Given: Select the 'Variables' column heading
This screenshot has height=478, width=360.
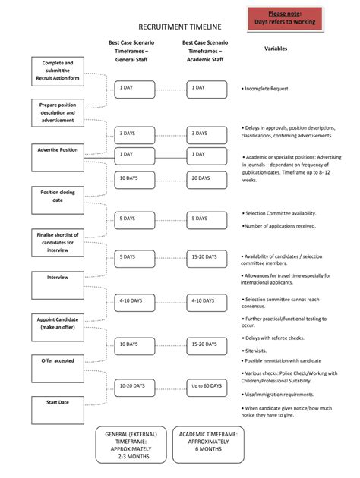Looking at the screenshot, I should [x=275, y=49].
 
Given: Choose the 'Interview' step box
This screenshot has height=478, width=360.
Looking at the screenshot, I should [x=58, y=285].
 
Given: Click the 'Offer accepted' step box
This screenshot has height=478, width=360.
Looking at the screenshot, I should [x=58, y=368].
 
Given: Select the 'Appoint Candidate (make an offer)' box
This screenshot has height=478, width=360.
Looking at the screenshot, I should [x=58, y=326].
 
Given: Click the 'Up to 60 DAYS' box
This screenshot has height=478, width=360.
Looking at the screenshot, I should [x=207, y=386].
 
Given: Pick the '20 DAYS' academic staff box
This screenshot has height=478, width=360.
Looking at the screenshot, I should [x=207, y=178].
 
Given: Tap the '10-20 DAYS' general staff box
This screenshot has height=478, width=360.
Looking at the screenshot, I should [x=134, y=386].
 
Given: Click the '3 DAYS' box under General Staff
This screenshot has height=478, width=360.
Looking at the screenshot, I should [x=134, y=133].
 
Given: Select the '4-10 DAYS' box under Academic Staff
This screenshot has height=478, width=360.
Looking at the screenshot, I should [x=207, y=301].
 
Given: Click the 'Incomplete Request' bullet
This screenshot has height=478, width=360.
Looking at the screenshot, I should [x=266, y=89].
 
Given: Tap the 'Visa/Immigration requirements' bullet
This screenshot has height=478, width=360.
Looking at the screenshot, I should [x=278, y=395].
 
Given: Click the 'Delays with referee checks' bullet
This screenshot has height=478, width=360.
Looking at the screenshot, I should [x=275, y=338].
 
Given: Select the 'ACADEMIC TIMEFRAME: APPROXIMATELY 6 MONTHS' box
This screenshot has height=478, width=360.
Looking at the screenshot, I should [x=208, y=445].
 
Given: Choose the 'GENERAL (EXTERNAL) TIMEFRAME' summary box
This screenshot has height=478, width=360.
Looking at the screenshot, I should [x=133, y=445].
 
